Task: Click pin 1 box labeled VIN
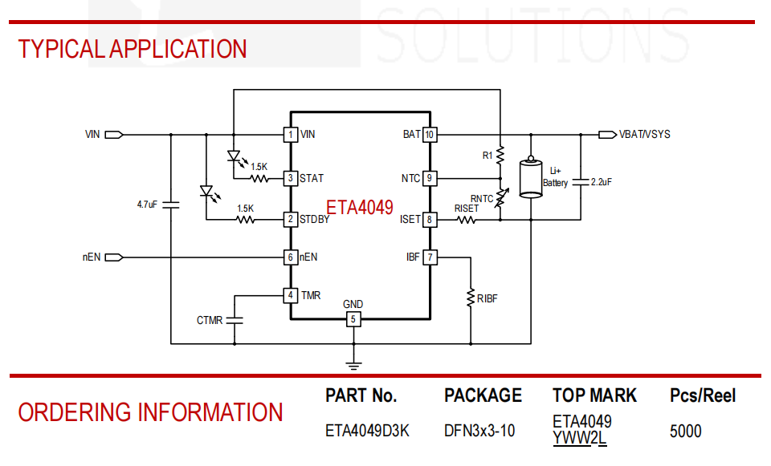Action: tap(291, 135)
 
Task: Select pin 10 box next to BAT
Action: tap(430, 135)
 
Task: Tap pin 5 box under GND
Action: tap(353, 319)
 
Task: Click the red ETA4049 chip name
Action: tap(360, 207)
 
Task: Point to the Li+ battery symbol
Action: tap(531, 177)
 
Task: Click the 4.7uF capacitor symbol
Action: tap(170, 205)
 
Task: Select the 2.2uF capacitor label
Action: tap(602, 182)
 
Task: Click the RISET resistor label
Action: tap(466, 209)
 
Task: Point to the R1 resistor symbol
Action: tap(500, 155)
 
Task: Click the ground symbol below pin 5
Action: tap(353, 365)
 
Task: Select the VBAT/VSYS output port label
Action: tap(645, 135)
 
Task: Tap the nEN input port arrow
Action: tap(113, 257)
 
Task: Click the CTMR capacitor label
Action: tap(210, 321)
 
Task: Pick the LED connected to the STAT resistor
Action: tap(235, 156)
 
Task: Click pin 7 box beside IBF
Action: tap(430, 257)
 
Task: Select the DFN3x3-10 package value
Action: tap(479, 432)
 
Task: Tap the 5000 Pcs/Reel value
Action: tap(685, 432)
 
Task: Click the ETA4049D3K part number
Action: tap(367, 432)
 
